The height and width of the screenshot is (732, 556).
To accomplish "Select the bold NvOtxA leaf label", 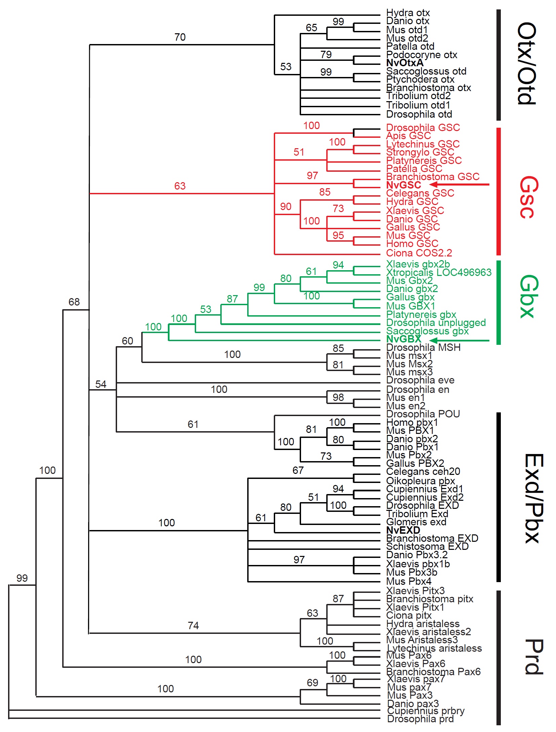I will pyautogui.click(x=405, y=63).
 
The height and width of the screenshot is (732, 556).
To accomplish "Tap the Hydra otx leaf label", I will pyautogui.click(x=408, y=13).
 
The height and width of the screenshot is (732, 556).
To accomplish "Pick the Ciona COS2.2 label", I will pyautogui.click(x=419, y=253).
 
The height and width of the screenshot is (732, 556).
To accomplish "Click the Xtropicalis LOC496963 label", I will pyautogui.click(x=439, y=272).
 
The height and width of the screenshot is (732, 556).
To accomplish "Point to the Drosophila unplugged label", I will pyautogui.click(x=436, y=323).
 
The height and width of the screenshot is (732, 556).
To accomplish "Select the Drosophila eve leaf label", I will pyautogui.click(x=420, y=380).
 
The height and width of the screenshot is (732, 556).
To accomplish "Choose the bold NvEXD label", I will pyautogui.click(x=403, y=530).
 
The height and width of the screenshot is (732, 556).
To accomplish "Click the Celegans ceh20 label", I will pyautogui.click(x=423, y=472).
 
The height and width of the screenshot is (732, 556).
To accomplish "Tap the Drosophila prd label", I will pyautogui.click(x=420, y=719).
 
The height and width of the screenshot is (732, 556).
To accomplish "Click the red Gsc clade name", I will pyautogui.click(x=528, y=197).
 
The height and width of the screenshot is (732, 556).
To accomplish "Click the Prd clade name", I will pyautogui.click(x=533, y=657).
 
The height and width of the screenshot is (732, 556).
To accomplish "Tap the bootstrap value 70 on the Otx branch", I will pyautogui.click(x=180, y=37).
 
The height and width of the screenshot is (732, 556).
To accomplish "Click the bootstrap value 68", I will pyautogui.click(x=74, y=302).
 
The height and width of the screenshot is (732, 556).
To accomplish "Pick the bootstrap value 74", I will pyautogui.click(x=193, y=625).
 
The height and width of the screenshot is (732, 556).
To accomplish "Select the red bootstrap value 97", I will pyautogui.click(x=312, y=175).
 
